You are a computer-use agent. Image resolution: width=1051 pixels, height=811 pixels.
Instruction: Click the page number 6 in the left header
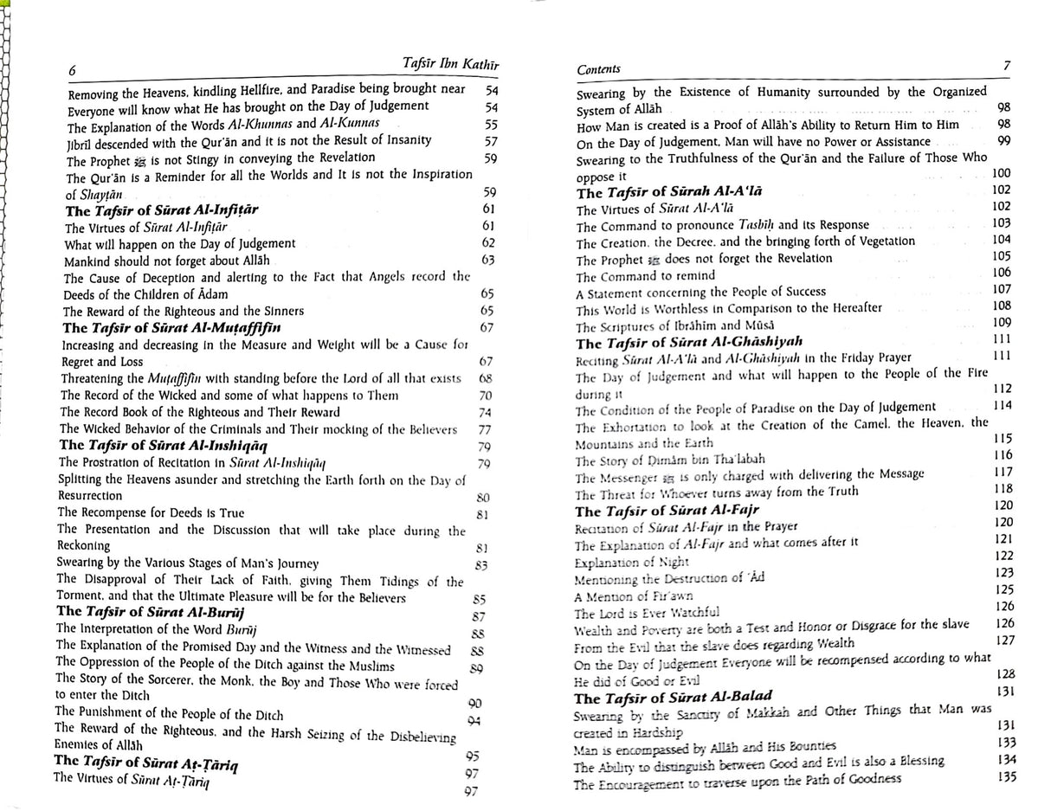pyautogui.click(x=73, y=71)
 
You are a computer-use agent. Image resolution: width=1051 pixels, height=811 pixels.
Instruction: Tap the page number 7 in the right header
pyautogui.click(x=1006, y=65)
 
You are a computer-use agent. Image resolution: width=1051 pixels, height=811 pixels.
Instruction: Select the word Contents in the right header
pyautogui.click(x=598, y=68)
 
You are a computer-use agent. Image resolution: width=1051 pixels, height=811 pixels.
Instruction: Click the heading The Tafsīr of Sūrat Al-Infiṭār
pyautogui.click(x=162, y=210)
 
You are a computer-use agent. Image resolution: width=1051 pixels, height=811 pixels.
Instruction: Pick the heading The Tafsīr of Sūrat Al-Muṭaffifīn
pyautogui.click(x=171, y=328)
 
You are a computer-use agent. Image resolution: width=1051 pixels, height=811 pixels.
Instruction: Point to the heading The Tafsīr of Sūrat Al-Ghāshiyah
pyautogui.click(x=690, y=343)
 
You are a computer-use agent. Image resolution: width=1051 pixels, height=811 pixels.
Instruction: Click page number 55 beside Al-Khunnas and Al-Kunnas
pyautogui.click(x=491, y=124)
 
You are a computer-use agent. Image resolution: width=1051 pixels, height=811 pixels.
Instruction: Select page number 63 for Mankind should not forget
pyautogui.click(x=488, y=260)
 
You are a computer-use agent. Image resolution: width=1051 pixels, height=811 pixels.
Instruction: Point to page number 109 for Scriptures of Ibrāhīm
pyautogui.click(x=1002, y=323)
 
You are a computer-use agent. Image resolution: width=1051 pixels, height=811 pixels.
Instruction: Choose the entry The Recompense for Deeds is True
pyautogui.click(x=151, y=512)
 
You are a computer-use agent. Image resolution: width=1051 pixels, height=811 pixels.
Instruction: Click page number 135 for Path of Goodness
pyautogui.click(x=1006, y=776)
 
